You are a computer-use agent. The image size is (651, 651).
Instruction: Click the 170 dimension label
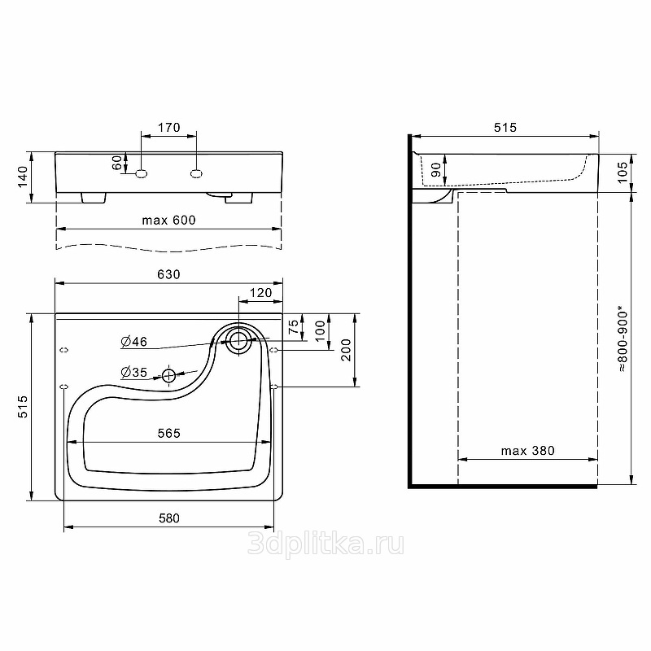pyautogui.click(x=169, y=127)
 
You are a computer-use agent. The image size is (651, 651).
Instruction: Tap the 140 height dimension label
pyautogui.click(x=23, y=177)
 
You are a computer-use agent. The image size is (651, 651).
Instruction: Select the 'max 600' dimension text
pyautogui.click(x=168, y=220)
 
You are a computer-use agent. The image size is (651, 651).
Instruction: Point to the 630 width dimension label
pyautogui.click(x=168, y=274)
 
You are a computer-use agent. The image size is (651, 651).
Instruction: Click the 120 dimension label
pyautogui.click(x=260, y=293)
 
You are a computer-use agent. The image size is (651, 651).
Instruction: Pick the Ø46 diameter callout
pyautogui.click(x=133, y=341)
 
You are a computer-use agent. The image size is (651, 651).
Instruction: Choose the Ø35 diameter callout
pyautogui.click(x=133, y=372)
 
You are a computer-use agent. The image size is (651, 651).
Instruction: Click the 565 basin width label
pyautogui.click(x=169, y=433)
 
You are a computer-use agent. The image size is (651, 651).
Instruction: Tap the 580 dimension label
pyautogui.click(x=169, y=518)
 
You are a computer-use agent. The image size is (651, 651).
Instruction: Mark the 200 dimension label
pyautogui.click(x=347, y=350)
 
